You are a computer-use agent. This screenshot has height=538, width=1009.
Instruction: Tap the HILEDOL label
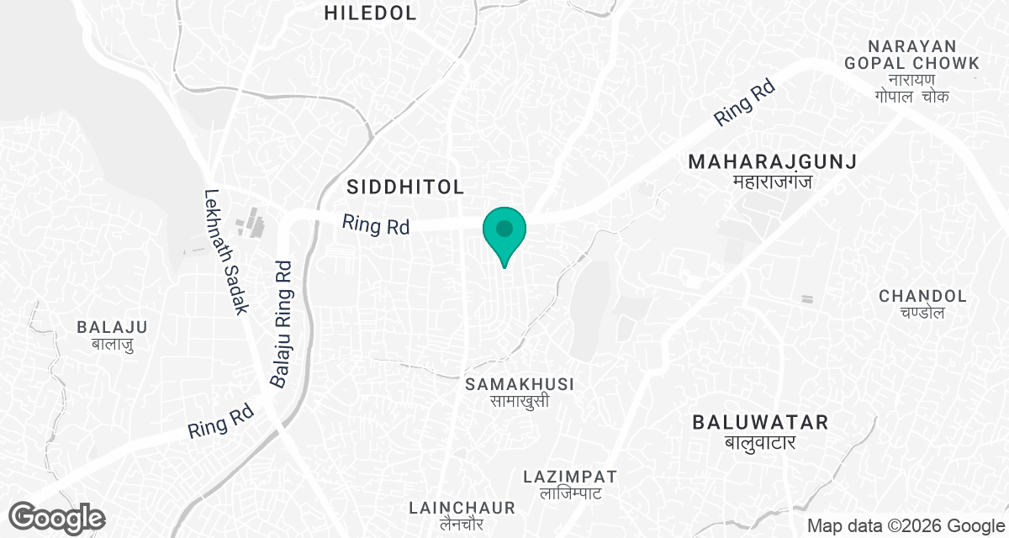pos(370,13)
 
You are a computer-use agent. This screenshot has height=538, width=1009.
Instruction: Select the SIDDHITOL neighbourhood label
pos(405,187)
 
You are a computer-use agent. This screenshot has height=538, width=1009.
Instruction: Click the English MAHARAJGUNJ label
pos(772,161)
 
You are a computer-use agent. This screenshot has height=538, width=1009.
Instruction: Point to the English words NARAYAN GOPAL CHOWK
pos(925,54)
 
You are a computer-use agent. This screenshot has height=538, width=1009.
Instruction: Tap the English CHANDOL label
pos(922,296)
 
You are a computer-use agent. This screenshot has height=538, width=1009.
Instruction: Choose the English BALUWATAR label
pos(760,422)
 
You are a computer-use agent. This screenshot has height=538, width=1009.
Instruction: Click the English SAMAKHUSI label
pos(520,383)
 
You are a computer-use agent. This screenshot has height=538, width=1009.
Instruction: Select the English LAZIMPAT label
pos(570,476)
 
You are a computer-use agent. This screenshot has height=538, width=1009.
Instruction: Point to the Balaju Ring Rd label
pos(282,324)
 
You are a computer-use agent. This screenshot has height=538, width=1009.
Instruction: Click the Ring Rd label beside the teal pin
pos(376,225)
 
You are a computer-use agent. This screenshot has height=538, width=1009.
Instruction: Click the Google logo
pos(57,517)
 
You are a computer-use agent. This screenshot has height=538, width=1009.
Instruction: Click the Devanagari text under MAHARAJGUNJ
pos(772,182)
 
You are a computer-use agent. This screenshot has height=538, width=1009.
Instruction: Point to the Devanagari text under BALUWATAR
pos(760,442)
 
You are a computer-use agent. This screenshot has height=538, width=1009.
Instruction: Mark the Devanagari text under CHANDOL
pos(922,313)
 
